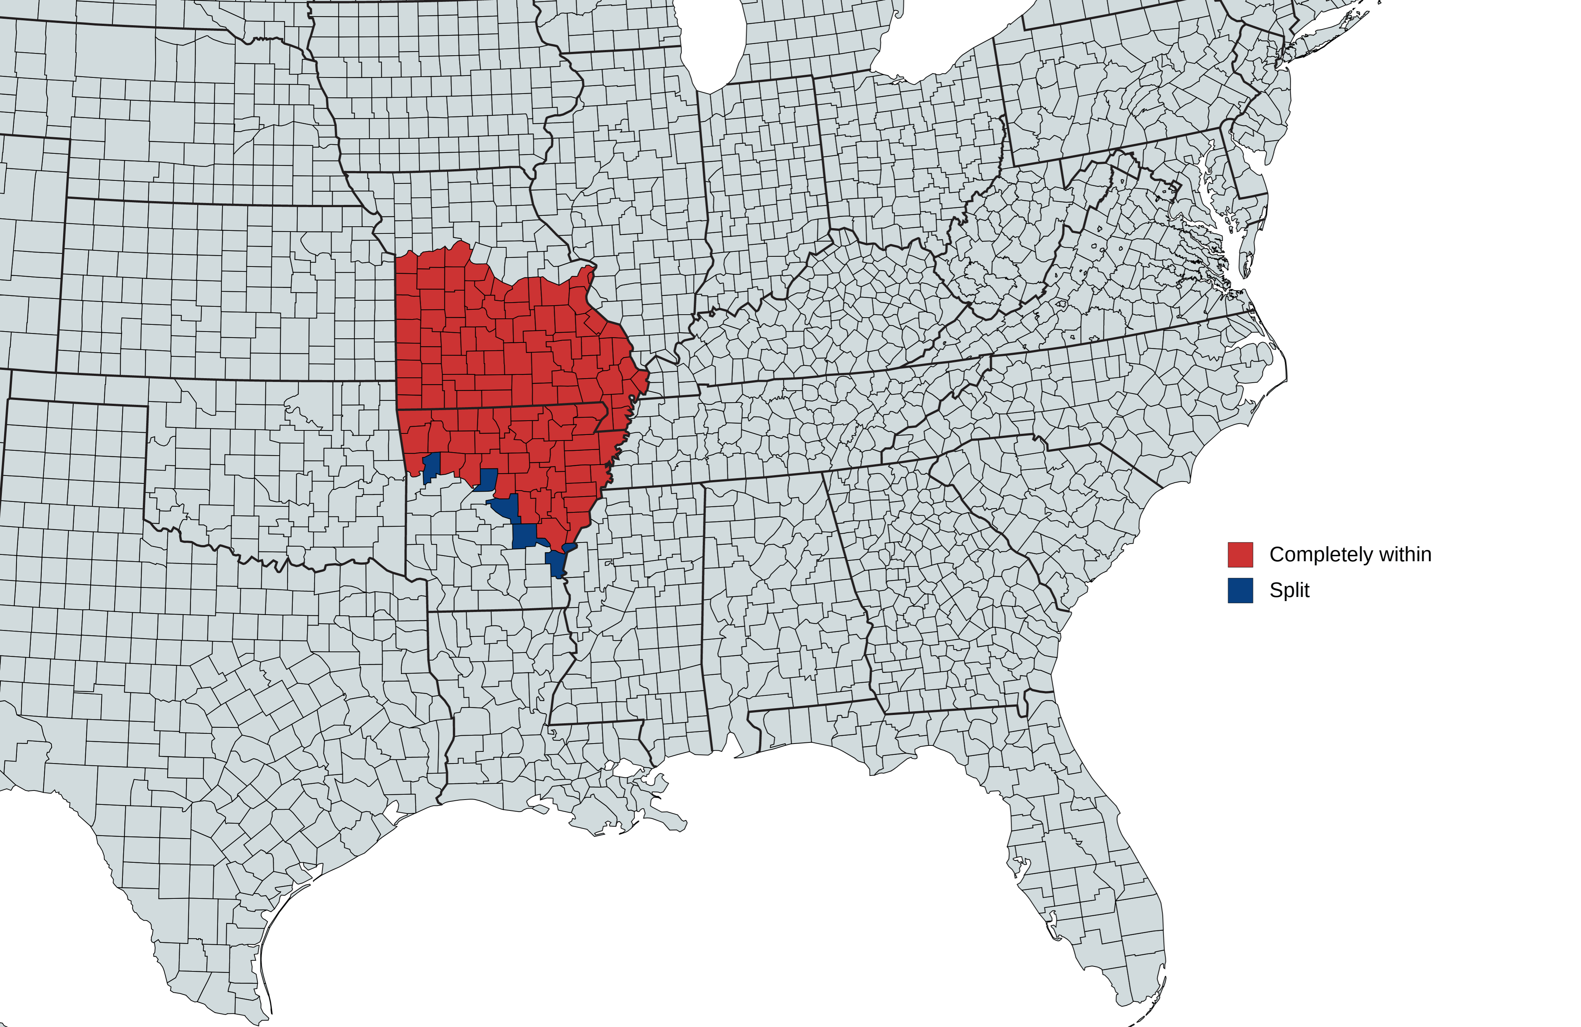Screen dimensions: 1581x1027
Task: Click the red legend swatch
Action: click(1240, 555)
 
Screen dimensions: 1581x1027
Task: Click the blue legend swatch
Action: click(1240, 591)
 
